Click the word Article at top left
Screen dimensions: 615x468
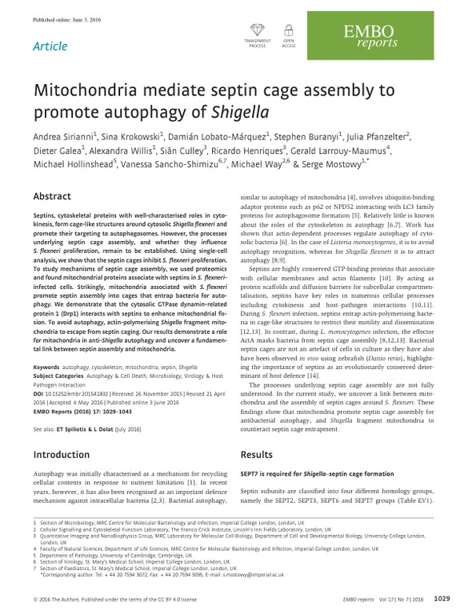click(50, 46)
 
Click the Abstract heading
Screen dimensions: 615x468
click(58, 196)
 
